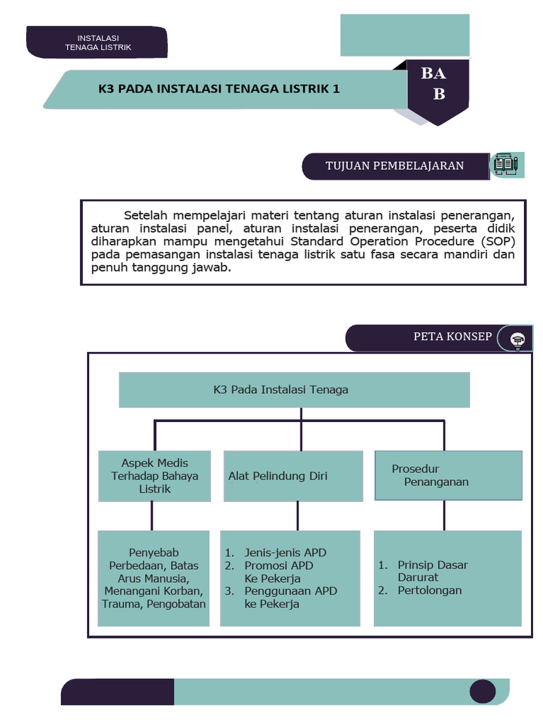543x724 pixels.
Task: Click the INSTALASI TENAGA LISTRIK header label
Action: pyautogui.click(x=98, y=42)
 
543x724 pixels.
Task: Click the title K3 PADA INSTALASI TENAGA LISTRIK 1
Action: pyautogui.click(x=218, y=89)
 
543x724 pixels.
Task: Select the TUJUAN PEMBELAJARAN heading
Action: pyautogui.click(x=395, y=166)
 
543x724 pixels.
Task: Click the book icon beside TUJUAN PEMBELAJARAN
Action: pyautogui.click(x=506, y=165)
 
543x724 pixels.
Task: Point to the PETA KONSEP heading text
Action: pyautogui.click(x=452, y=337)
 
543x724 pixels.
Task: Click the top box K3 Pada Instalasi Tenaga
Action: pyautogui.click(x=294, y=390)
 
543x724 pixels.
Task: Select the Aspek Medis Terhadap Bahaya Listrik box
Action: pyautogui.click(x=154, y=476)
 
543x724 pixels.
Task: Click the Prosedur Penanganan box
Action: pyautogui.click(x=448, y=475)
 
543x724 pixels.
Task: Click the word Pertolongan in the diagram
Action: pyautogui.click(x=429, y=590)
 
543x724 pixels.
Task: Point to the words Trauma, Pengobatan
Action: pyautogui.click(x=154, y=604)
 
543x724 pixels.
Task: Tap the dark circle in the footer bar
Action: pyautogui.click(x=484, y=692)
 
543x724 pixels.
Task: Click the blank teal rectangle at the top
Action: pyautogui.click(x=404, y=35)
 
